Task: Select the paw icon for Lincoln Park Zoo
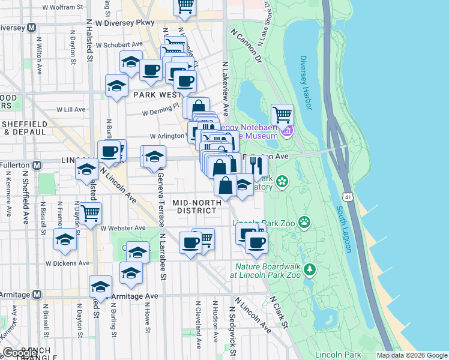tap(305, 223)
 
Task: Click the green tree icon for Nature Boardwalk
tap(310, 269)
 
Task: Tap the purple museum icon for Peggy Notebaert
tap(288, 131)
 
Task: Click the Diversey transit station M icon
tap(31, 27)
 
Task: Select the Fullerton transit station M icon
tap(37, 164)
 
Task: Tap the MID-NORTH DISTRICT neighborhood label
tap(194, 206)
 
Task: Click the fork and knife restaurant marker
tap(256, 165)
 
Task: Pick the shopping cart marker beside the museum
tap(282, 114)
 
